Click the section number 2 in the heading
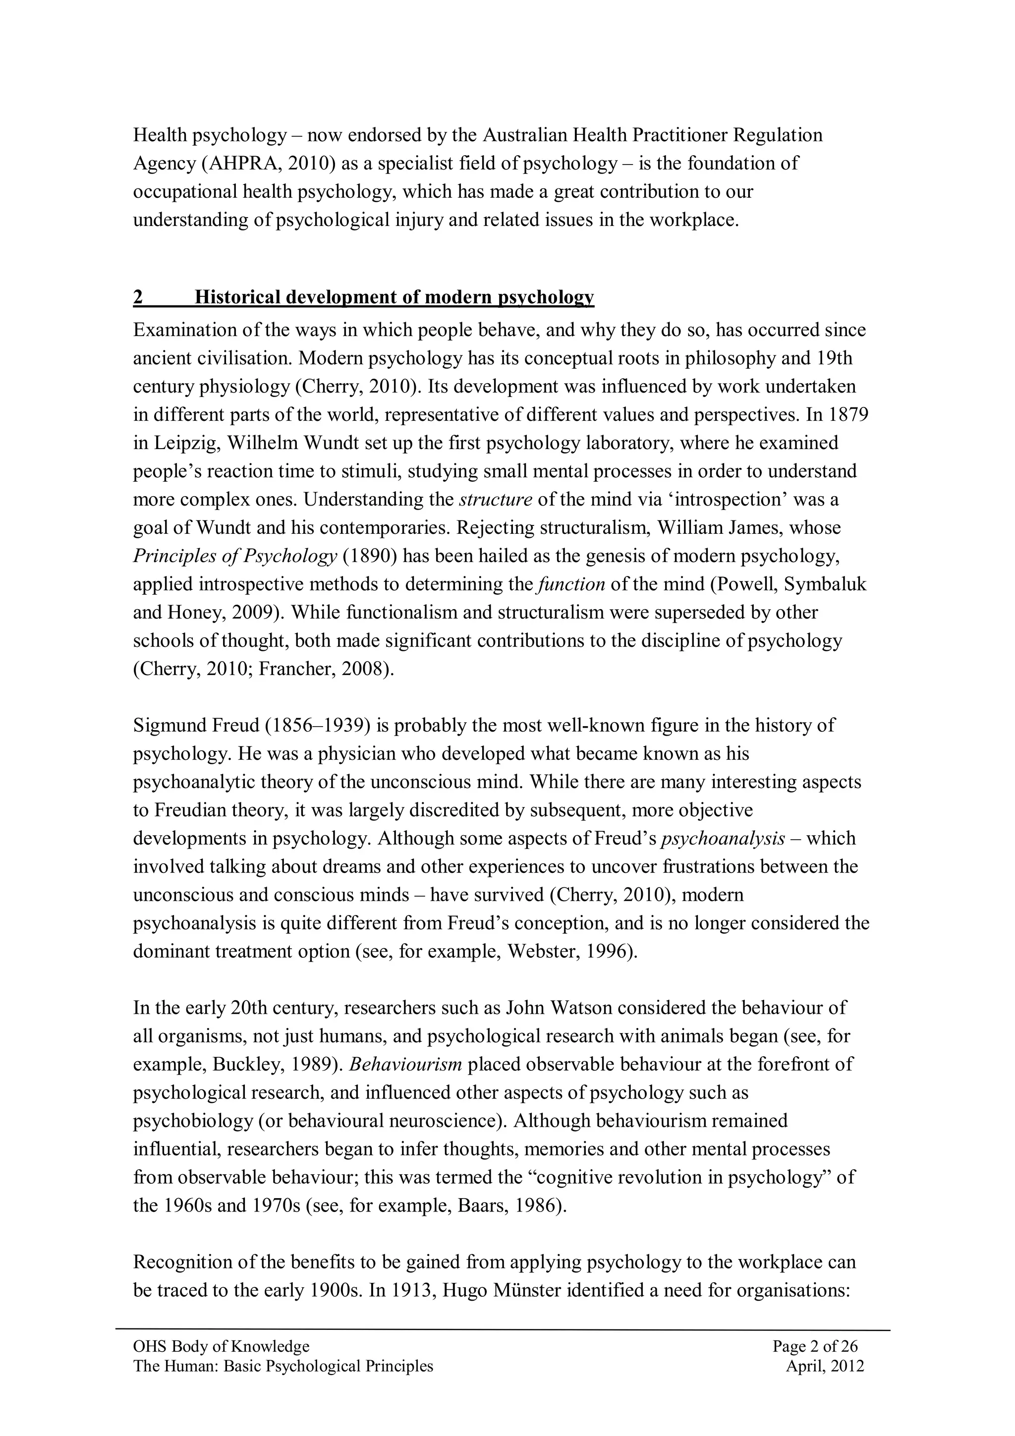(138, 297)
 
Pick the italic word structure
(495, 500)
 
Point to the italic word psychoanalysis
(723, 838)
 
